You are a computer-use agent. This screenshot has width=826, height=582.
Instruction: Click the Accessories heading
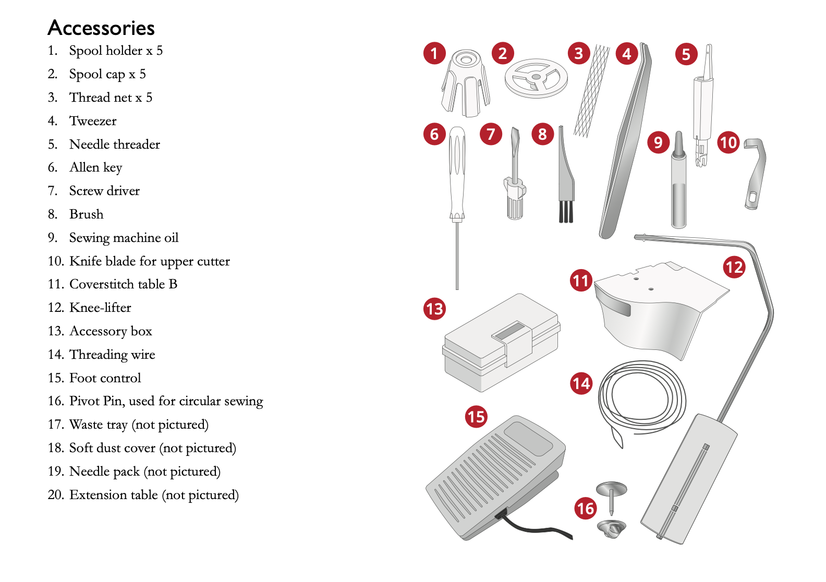click(x=101, y=28)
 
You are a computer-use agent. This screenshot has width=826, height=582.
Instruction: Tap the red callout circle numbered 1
click(x=434, y=53)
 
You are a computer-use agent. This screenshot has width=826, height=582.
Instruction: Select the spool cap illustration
click(x=536, y=78)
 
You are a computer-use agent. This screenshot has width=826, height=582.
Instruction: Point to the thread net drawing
click(x=592, y=91)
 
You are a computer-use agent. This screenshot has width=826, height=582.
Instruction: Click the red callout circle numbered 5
click(x=686, y=54)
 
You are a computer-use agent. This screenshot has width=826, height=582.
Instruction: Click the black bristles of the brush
click(x=566, y=212)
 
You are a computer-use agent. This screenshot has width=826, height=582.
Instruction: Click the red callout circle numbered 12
click(x=734, y=268)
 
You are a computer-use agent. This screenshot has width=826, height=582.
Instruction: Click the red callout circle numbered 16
click(x=586, y=508)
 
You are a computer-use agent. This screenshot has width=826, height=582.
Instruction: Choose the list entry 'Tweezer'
click(x=93, y=121)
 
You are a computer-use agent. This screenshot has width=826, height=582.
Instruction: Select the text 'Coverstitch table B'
click(x=123, y=284)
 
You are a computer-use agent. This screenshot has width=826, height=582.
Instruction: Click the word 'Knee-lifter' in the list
click(x=100, y=308)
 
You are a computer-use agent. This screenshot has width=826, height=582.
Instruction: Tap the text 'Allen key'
click(x=95, y=167)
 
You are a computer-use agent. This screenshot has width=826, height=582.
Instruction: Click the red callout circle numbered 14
click(x=581, y=384)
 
